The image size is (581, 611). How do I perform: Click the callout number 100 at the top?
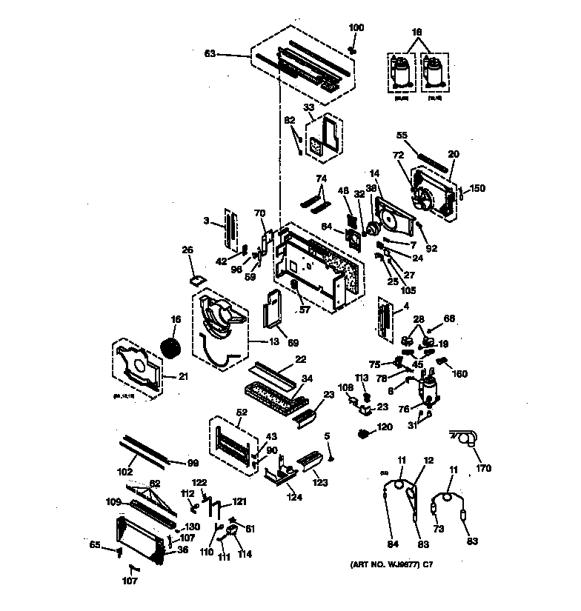[x=356, y=27]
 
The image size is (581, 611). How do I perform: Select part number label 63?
[x=211, y=54]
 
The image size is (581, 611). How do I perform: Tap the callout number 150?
[x=477, y=189]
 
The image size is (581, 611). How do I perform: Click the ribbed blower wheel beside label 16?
[x=172, y=349]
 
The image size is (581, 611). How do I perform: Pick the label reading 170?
[x=483, y=468]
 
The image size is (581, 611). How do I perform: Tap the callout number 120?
[x=385, y=429]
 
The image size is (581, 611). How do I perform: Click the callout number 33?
[x=309, y=107]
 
